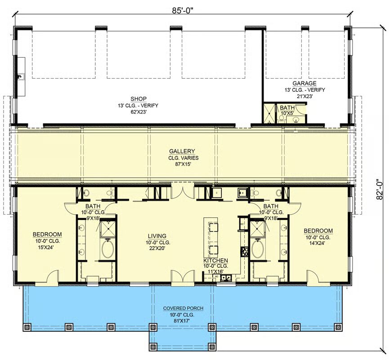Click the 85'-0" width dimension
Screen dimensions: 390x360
(183, 10)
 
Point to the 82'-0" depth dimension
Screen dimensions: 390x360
(379, 189)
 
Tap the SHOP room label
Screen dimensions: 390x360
(139, 99)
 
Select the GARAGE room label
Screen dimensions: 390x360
(304, 83)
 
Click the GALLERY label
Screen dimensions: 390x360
(182, 151)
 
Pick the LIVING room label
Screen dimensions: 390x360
(157, 236)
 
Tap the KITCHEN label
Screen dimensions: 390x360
(215, 261)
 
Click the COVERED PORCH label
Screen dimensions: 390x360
(183, 308)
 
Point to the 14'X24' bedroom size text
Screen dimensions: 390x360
(316, 243)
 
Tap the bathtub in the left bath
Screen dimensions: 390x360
(108, 248)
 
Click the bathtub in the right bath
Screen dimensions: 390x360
(258, 248)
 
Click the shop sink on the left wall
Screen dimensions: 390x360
(21, 76)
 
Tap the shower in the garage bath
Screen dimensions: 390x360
(270, 113)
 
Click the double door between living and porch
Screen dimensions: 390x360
(183, 276)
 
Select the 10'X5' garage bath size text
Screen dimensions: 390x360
(287, 113)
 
